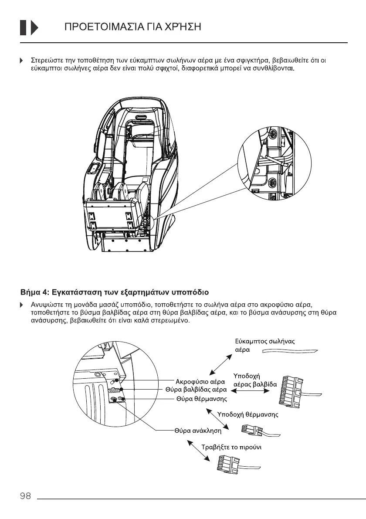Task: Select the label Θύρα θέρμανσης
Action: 201,399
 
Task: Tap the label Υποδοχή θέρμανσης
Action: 247,415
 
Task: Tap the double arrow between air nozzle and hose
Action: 221,364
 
